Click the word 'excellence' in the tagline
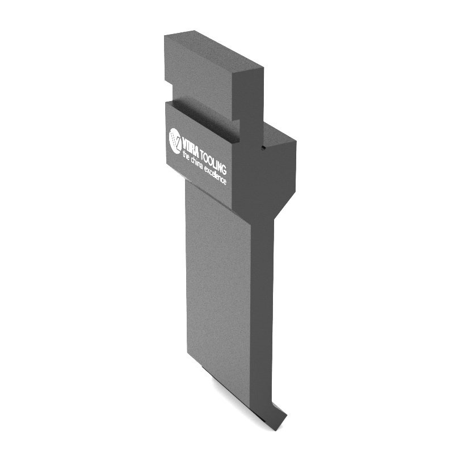tap(215, 176)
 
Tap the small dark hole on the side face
tap(263, 149)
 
